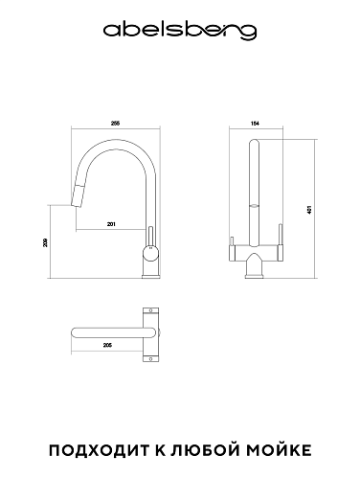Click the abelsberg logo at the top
(180, 32)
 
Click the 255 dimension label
(115, 124)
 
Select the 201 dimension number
(111, 224)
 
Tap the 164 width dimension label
(256, 124)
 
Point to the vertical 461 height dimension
(309, 210)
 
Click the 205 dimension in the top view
(108, 345)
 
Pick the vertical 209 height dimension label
(45, 242)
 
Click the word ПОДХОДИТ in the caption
(100, 450)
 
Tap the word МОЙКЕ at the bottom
(280, 449)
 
